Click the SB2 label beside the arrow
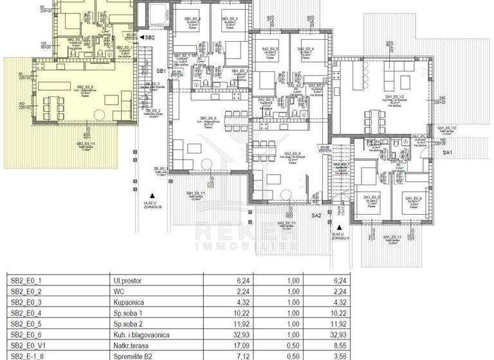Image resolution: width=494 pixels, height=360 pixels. click(149, 38)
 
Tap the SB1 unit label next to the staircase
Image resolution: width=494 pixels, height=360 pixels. click(161, 71)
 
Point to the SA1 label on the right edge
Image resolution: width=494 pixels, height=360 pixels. click(448, 152)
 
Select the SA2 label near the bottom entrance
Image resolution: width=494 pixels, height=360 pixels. click(316, 215)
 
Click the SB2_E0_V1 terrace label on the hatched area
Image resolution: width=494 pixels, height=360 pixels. click(86, 144)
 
